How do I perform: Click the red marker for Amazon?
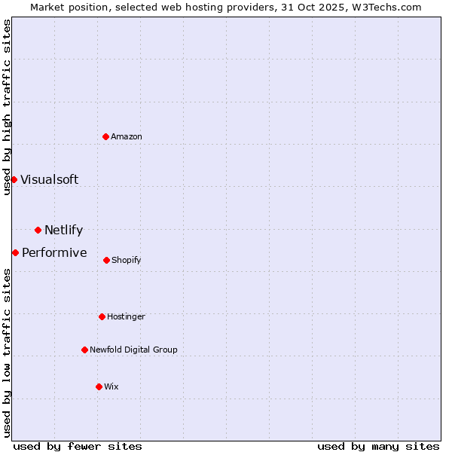(x=106, y=136)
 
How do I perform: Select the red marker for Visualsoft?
(x=14, y=179)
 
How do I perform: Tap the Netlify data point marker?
(x=38, y=230)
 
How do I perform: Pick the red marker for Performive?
(x=15, y=252)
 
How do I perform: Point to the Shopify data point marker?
(x=106, y=260)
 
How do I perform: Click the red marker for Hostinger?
(x=102, y=316)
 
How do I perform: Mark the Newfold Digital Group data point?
(x=84, y=350)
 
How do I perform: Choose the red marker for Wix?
(x=99, y=386)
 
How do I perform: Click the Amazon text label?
(x=127, y=136)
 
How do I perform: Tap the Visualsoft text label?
(x=49, y=179)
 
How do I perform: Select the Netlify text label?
(x=63, y=230)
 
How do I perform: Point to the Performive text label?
(x=54, y=252)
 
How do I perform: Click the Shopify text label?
(x=126, y=260)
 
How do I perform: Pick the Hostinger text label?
(x=126, y=316)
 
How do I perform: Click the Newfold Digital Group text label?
(x=133, y=350)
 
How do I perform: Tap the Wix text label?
(x=111, y=386)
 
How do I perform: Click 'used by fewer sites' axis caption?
(x=78, y=446)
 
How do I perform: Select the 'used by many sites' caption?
(x=378, y=446)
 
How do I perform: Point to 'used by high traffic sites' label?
(x=7, y=107)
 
